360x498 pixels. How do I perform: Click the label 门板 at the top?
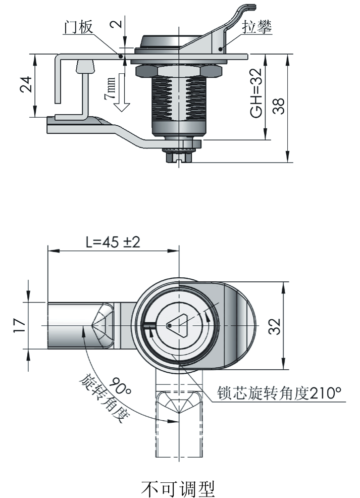point(77,27)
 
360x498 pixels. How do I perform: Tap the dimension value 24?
point(25,85)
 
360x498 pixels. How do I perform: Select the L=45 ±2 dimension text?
point(113,242)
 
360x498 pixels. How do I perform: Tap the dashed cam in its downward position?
point(179,424)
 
